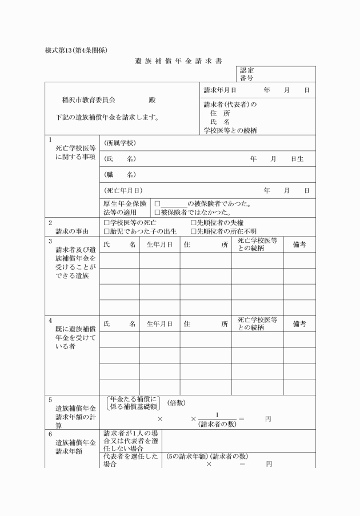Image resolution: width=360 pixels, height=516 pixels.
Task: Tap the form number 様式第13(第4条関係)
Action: (x=76, y=50)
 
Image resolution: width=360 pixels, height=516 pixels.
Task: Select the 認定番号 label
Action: (x=247, y=74)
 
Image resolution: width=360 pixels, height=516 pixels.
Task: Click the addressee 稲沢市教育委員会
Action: (x=89, y=99)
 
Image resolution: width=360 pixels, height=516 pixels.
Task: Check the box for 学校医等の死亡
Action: (x=106, y=222)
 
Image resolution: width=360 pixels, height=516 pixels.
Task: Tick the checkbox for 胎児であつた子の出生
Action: (x=106, y=231)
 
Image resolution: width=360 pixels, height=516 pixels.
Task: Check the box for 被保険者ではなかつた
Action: (x=157, y=212)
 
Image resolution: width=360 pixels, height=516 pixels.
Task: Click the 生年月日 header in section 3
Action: (x=159, y=245)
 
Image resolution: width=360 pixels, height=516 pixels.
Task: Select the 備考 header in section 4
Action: (x=299, y=324)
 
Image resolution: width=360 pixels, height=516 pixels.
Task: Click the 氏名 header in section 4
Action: (x=119, y=324)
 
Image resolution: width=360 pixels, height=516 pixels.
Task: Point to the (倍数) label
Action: (x=177, y=403)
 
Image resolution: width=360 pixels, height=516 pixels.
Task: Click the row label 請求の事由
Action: (x=71, y=231)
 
